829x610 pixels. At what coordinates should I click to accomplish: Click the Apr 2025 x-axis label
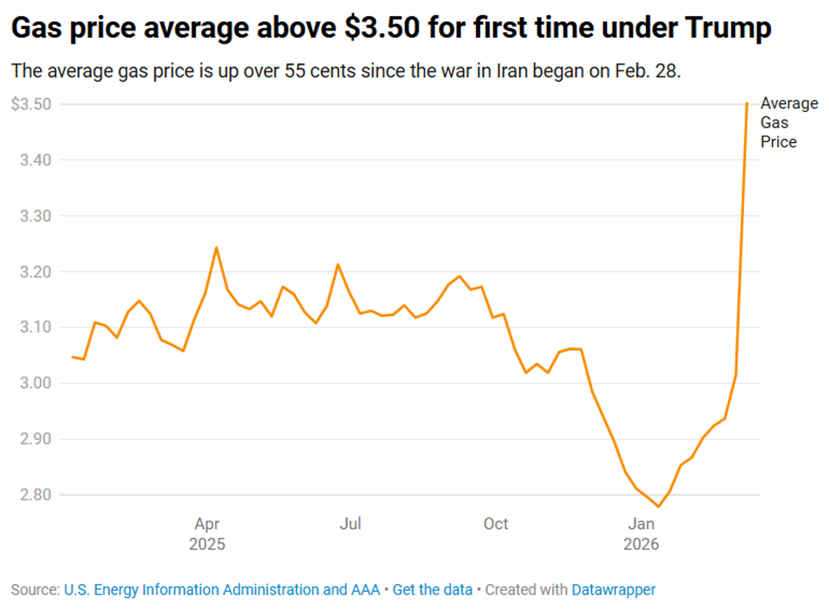click(x=207, y=534)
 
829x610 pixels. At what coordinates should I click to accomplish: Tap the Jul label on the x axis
click(x=350, y=524)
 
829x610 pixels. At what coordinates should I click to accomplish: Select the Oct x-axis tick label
click(x=495, y=524)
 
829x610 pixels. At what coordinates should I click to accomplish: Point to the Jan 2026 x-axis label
click(x=641, y=534)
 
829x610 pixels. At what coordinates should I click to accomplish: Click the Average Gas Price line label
click(x=788, y=123)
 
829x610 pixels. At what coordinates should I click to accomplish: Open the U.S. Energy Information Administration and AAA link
click(x=222, y=590)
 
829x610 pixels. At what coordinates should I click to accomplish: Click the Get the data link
click(x=432, y=590)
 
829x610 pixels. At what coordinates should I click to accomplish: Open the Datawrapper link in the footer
click(x=613, y=590)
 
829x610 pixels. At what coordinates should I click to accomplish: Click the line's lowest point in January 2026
click(x=658, y=507)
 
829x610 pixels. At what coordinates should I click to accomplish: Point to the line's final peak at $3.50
click(x=747, y=104)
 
